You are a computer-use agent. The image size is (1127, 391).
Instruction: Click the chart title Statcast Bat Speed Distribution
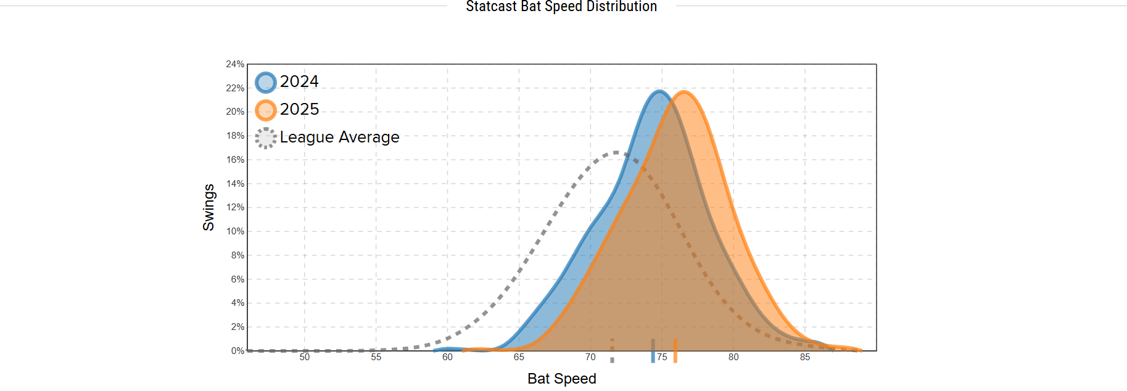tap(561, 7)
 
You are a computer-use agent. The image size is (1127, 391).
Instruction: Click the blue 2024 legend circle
tap(266, 83)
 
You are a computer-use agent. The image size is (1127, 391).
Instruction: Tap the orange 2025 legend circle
tap(266, 110)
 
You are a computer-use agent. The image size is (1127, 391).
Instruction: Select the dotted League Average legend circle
tap(266, 138)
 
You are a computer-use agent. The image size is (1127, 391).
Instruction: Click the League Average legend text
tap(339, 137)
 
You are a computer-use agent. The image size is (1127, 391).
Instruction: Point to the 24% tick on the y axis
tap(235, 64)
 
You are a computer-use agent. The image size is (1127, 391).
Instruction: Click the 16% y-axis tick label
tap(235, 160)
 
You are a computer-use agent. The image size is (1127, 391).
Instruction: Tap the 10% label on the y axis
tap(235, 231)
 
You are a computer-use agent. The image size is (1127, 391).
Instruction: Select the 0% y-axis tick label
tap(237, 351)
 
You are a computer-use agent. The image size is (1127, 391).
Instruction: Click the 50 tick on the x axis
tap(305, 357)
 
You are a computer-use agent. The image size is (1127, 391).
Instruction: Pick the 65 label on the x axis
tap(519, 357)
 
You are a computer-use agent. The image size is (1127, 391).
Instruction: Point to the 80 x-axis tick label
tap(733, 357)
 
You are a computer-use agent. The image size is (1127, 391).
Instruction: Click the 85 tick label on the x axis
tap(805, 357)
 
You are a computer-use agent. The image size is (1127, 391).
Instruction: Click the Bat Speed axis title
tap(561, 379)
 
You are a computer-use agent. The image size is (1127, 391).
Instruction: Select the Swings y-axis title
tap(208, 207)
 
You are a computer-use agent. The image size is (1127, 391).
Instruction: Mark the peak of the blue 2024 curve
tap(660, 92)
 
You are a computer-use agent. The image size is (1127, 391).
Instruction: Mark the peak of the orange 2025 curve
tap(684, 92)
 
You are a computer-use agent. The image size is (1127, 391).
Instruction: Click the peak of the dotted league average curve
tap(617, 152)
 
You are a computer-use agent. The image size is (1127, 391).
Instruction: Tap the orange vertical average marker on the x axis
tap(675, 350)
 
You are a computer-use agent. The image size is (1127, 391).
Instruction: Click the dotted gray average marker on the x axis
tap(612, 350)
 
